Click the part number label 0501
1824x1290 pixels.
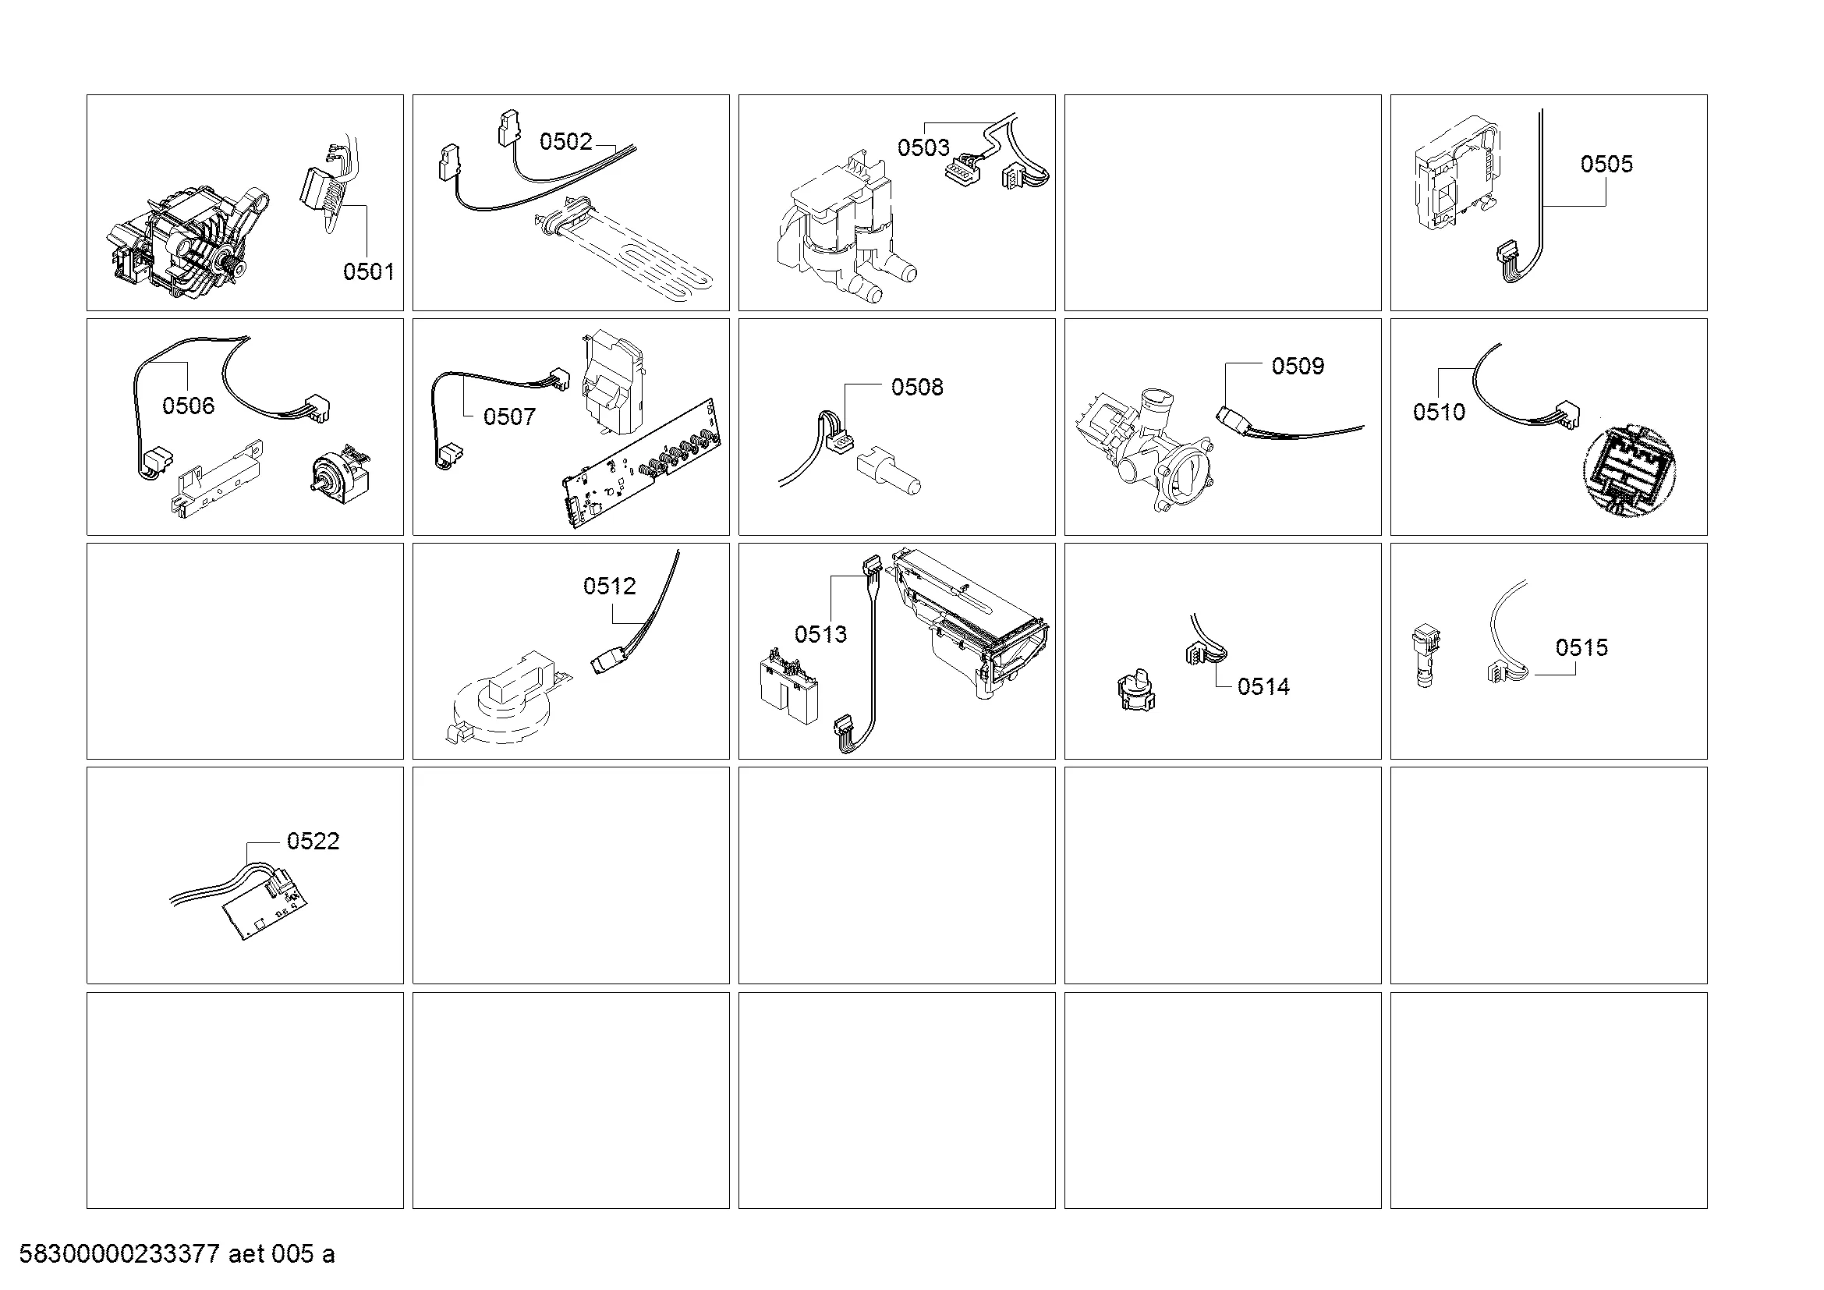(369, 271)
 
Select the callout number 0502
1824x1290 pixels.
(565, 141)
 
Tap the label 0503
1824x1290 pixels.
(923, 147)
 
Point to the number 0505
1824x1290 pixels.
(1606, 164)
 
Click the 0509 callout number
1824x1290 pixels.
(1298, 367)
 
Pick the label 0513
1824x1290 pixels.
(820, 634)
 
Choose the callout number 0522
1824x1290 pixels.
(313, 842)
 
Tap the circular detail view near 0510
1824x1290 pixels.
(1627, 470)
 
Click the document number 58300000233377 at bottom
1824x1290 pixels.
(119, 1254)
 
